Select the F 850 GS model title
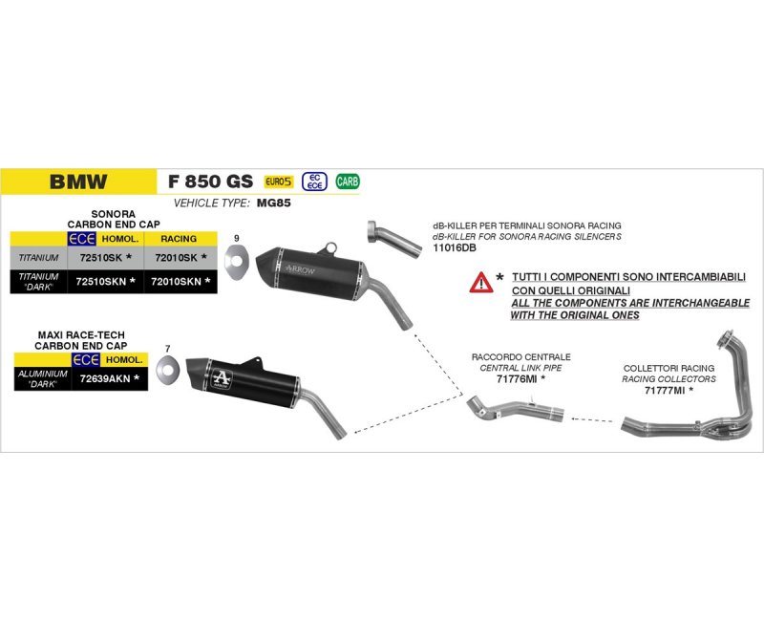tap(210, 182)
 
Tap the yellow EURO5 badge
tap(279, 181)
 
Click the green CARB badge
tap(348, 181)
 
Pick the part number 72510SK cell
tap(105, 258)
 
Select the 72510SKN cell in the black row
tap(105, 281)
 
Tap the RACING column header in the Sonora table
tap(180, 239)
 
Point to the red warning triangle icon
tap(480, 282)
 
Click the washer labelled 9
tap(235, 259)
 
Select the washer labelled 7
tap(167, 368)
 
